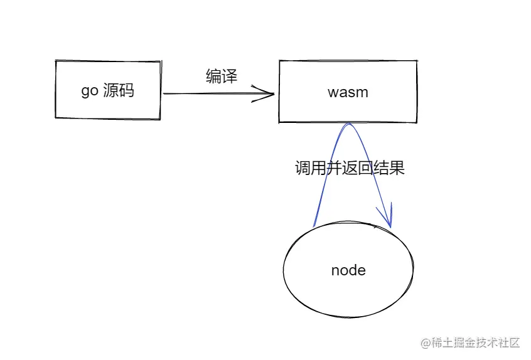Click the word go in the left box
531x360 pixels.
click(x=89, y=91)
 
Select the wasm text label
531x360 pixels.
click(x=348, y=92)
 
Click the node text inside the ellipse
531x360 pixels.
click(x=348, y=270)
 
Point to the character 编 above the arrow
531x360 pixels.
click(x=213, y=77)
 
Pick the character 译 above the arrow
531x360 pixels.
click(x=230, y=77)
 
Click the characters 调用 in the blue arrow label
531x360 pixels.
click(x=311, y=168)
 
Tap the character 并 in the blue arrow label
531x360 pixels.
click(x=335, y=168)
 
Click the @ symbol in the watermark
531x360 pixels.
click(x=426, y=343)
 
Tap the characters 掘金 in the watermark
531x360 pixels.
click(x=464, y=343)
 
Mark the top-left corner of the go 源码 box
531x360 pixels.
click(x=56, y=61)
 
